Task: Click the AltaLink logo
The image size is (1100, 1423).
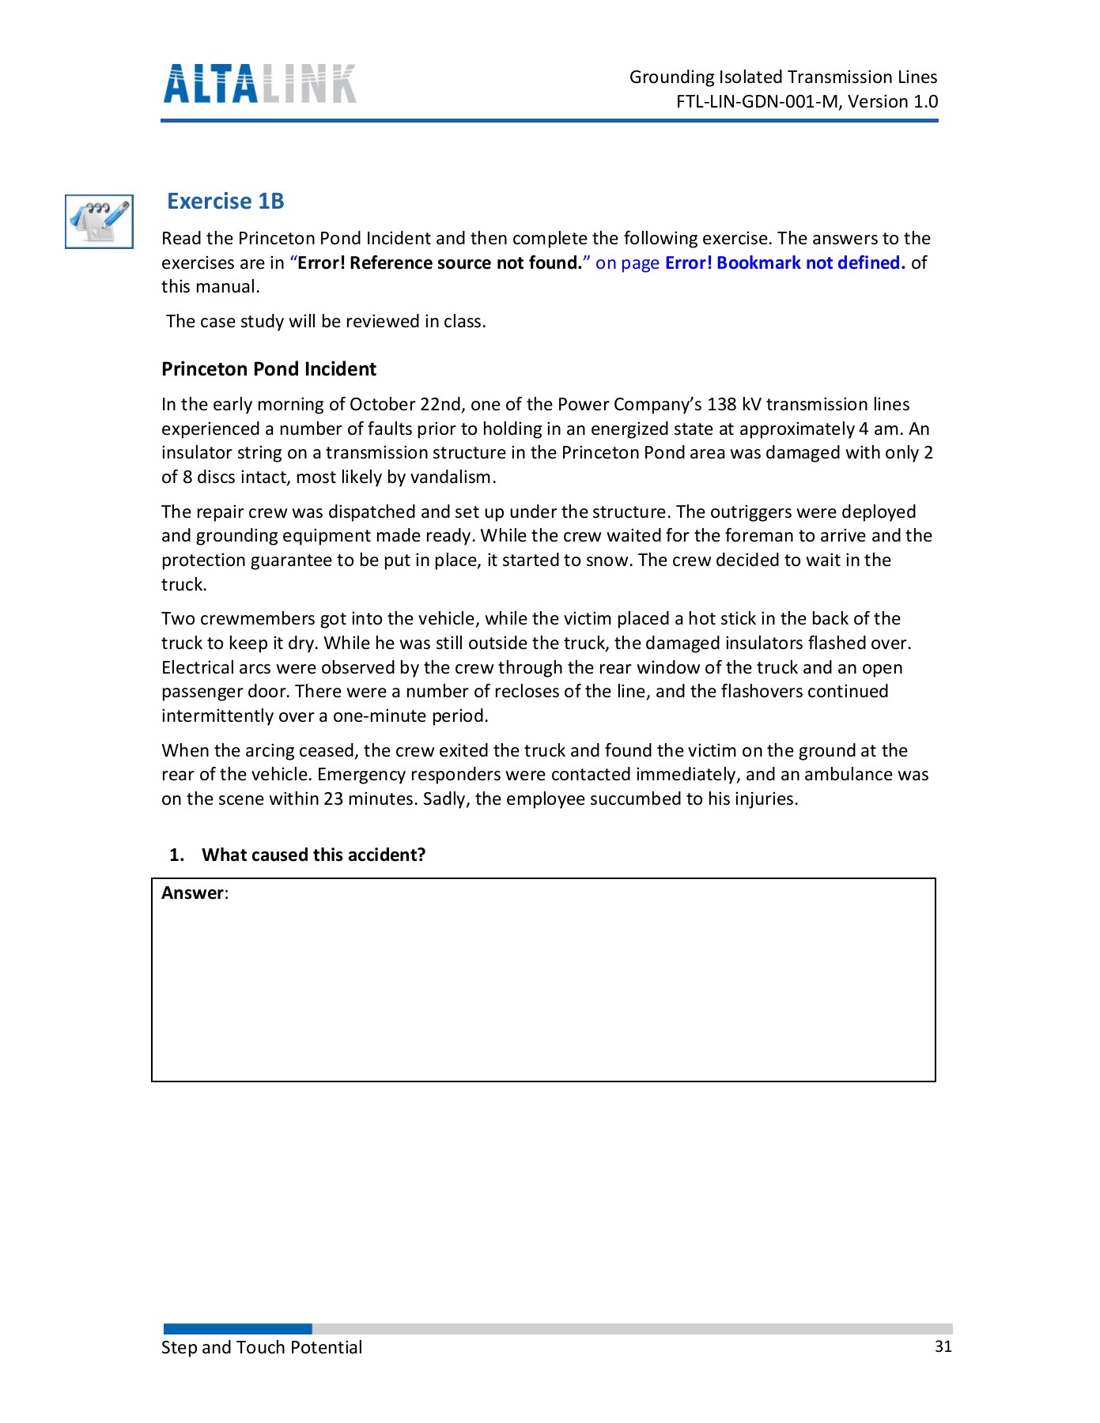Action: point(259,84)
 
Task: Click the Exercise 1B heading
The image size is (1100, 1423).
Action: point(225,202)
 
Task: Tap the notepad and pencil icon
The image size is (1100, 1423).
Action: point(99,221)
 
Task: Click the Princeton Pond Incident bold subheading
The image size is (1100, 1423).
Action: point(269,369)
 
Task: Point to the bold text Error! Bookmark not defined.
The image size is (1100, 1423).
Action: point(784,263)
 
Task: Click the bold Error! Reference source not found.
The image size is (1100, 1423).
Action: point(440,263)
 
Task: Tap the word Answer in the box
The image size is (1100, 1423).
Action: point(192,893)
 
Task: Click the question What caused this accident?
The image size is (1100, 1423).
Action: point(313,855)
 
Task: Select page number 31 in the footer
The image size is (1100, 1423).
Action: point(943,1347)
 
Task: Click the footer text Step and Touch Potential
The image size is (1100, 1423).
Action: point(262,1348)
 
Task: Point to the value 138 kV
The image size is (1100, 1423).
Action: point(734,405)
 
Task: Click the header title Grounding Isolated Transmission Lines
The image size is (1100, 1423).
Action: point(783,77)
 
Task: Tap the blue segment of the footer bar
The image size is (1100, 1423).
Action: point(237,1329)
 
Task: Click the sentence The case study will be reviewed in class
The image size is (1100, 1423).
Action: point(326,322)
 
